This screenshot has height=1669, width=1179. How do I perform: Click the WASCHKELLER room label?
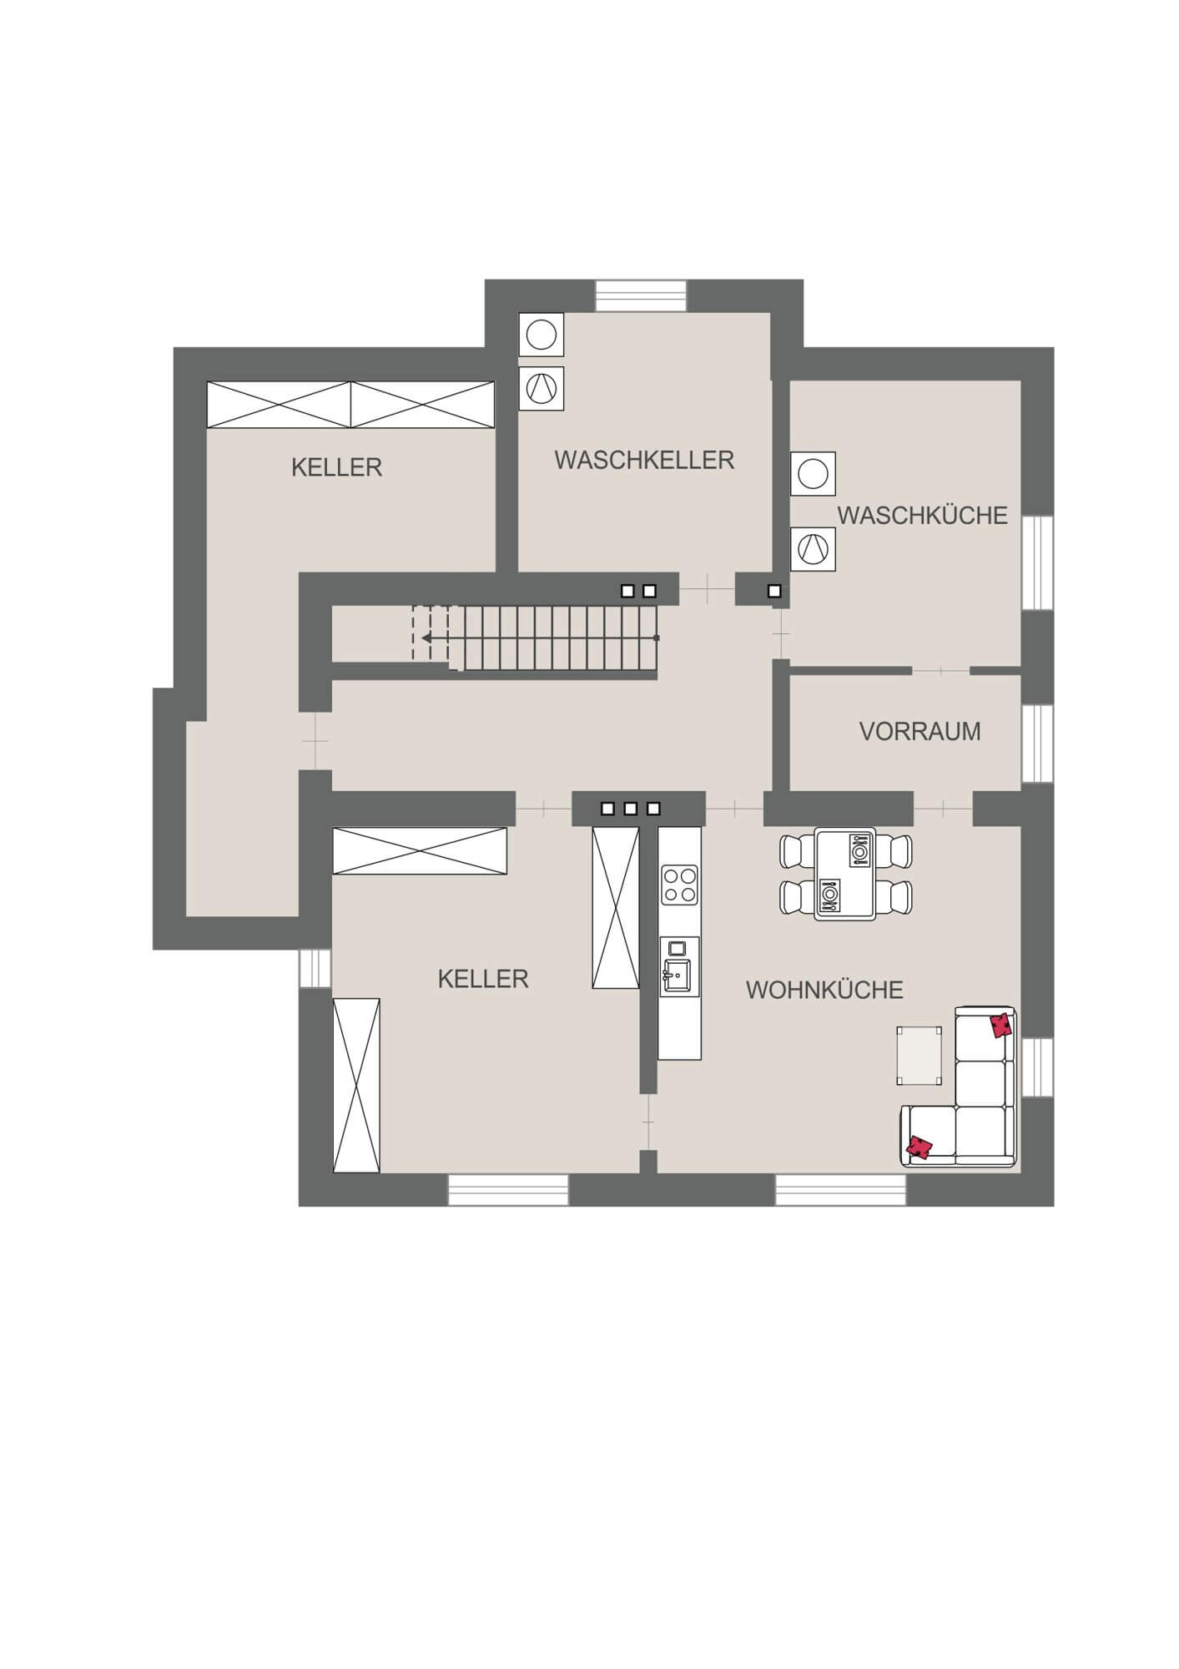(x=644, y=460)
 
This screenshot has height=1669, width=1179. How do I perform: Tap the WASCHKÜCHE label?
(x=922, y=516)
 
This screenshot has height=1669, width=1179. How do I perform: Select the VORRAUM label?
(x=920, y=731)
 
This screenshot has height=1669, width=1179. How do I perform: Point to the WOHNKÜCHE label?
(x=824, y=990)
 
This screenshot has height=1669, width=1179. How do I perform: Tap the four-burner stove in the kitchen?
(x=679, y=885)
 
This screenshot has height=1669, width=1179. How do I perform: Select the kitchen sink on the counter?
(x=679, y=966)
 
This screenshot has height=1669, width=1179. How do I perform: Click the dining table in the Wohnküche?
(x=844, y=874)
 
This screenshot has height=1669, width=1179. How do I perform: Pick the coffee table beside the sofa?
(x=920, y=1056)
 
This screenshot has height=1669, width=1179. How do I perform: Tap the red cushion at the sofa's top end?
(x=1001, y=1025)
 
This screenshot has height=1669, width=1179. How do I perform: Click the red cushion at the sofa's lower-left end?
(x=920, y=1148)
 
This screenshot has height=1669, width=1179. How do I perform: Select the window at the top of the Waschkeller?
(x=641, y=296)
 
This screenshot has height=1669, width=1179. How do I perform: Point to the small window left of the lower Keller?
(x=315, y=968)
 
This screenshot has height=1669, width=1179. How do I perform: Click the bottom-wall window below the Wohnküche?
(x=840, y=1190)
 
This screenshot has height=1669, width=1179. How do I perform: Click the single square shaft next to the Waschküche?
(x=774, y=592)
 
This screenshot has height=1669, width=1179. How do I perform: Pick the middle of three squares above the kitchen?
(x=631, y=809)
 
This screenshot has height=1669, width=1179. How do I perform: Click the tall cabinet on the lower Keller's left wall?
(x=356, y=1085)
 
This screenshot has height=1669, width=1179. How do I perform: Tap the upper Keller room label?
(x=336, y=467)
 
